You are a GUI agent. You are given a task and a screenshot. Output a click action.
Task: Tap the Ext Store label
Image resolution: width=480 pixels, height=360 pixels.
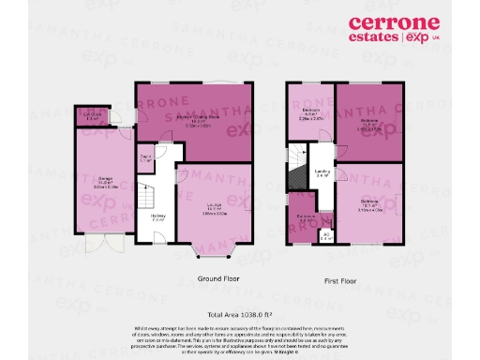(x=92, y=116)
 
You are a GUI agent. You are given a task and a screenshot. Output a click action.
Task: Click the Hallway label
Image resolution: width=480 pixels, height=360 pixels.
(x=157, y=217)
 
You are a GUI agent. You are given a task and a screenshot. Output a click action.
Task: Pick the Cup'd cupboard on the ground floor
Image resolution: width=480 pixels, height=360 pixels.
(x=146, y=159)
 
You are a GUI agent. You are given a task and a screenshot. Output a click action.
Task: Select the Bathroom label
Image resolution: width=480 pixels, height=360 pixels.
(x=305, y=217)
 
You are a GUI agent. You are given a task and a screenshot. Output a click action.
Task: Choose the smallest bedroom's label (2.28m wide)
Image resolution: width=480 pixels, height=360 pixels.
(x=309, y=115)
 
